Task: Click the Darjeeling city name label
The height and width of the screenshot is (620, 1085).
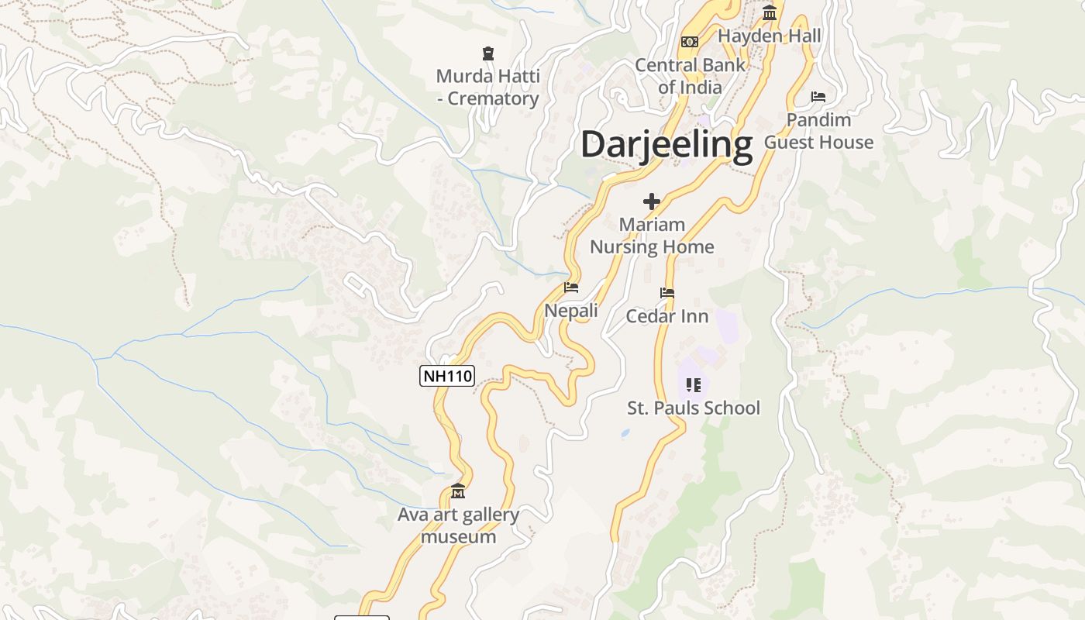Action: (x=666, y=145)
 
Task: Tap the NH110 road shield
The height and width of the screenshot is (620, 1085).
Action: (x=447, y=377)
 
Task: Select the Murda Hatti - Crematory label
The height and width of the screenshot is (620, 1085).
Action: (x=487, y=88)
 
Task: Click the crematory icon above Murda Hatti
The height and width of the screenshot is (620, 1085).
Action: (x=488, y=53)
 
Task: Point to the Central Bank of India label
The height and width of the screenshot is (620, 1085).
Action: (x=690, y=76)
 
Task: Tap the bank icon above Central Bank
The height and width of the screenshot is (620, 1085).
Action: (x=689, y=41)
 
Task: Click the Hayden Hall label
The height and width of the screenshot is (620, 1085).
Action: (x=769, y=36)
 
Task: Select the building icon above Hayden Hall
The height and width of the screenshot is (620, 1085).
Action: (x=770, y=12)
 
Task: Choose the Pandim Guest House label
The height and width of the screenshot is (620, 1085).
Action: (x=818, y=131)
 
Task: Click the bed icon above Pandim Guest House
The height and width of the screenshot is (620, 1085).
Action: (x=818, y=97)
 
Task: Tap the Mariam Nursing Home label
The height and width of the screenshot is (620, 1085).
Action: (x=652, y=236)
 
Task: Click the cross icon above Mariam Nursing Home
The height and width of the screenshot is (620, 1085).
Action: (x=652, y=201)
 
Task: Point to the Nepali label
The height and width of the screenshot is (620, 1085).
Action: (x=571, y=311)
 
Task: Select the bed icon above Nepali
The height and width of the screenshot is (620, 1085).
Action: (x=571, y=288)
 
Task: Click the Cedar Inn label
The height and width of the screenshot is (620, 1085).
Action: (x=667, y=316)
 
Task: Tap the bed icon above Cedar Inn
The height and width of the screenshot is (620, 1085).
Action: (x=667, y=293)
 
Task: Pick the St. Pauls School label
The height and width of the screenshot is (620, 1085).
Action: (x=694, y=408)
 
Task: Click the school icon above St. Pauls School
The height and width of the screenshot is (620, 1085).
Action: (x=694, y=385)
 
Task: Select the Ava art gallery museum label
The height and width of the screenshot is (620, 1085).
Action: (x=458, y=525)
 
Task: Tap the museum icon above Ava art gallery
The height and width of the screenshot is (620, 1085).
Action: (x=458, y=491)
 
